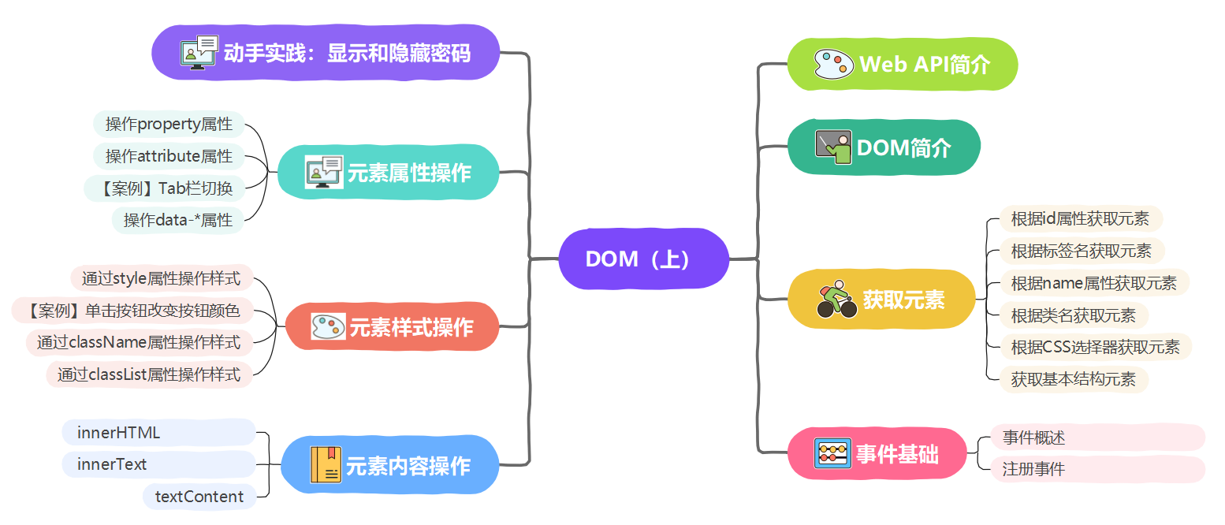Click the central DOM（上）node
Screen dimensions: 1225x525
pos(644,259)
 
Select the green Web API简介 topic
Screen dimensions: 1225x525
pos(903,64)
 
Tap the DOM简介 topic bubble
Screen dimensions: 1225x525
pos(884,147)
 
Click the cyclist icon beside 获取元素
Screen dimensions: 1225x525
pos(836,299)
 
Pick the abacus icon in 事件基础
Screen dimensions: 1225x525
pos(832,453)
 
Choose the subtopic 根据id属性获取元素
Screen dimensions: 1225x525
pos(1081,219)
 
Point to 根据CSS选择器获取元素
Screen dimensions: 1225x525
pos(1096,347)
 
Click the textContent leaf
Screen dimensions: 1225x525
pos(199,497)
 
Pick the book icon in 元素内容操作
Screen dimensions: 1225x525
pos(326,465)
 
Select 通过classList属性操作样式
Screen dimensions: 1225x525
pos(149,374)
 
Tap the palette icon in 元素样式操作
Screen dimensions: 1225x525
pos(328,326)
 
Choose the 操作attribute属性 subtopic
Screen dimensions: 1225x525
pos(169,156)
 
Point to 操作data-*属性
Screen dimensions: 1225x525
pos(177,221)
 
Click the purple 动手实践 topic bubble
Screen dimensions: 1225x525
pos(326,53)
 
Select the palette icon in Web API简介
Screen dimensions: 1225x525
pos(833,64)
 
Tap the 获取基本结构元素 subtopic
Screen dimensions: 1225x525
pos(1074,379)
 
